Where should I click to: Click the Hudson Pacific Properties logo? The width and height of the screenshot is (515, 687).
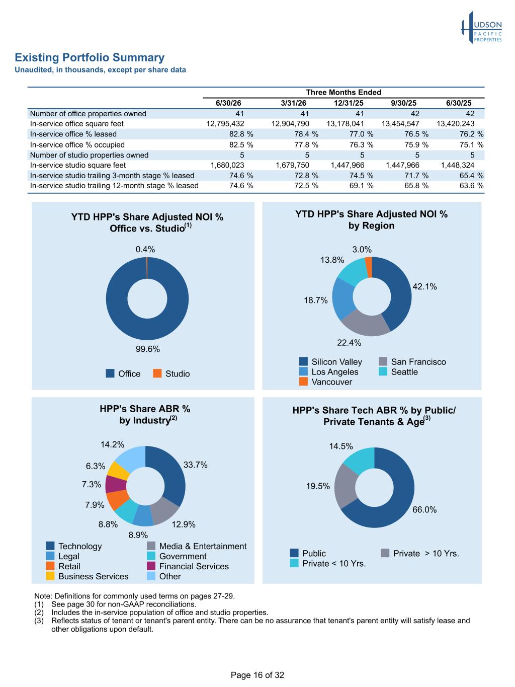tap(481, 27)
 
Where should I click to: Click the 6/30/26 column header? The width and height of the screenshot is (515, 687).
tap(228, 103)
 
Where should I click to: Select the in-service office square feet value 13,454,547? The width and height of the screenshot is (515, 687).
tap(400, 124)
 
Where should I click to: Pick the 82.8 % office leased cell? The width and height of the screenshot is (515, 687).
tap(241, 134)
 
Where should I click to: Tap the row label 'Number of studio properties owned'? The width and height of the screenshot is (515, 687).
tap(89, 155)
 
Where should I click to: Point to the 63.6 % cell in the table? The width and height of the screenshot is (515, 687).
tap(471, 186)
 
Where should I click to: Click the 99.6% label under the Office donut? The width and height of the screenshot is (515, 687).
tap(147, 349)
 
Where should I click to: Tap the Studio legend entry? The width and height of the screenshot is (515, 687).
tap(171, 373)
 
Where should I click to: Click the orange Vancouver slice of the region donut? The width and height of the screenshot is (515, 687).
tap(369, 267)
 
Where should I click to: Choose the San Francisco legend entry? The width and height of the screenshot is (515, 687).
tap(412, 362)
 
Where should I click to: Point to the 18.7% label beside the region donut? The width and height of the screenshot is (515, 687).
tap(316, 300)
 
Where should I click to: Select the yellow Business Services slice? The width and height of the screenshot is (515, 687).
tap(119, 472)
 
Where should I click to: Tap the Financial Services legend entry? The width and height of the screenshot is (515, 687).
tap(188, 566)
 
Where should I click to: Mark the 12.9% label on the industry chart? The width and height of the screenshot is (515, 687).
tap(184, 524)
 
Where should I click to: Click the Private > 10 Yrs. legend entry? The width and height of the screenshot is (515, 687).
tap(420, 553)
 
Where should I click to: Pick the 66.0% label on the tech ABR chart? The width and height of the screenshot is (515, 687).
tap(424, 509)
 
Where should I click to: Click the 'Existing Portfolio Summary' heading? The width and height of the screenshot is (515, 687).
tap(90, 57)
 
